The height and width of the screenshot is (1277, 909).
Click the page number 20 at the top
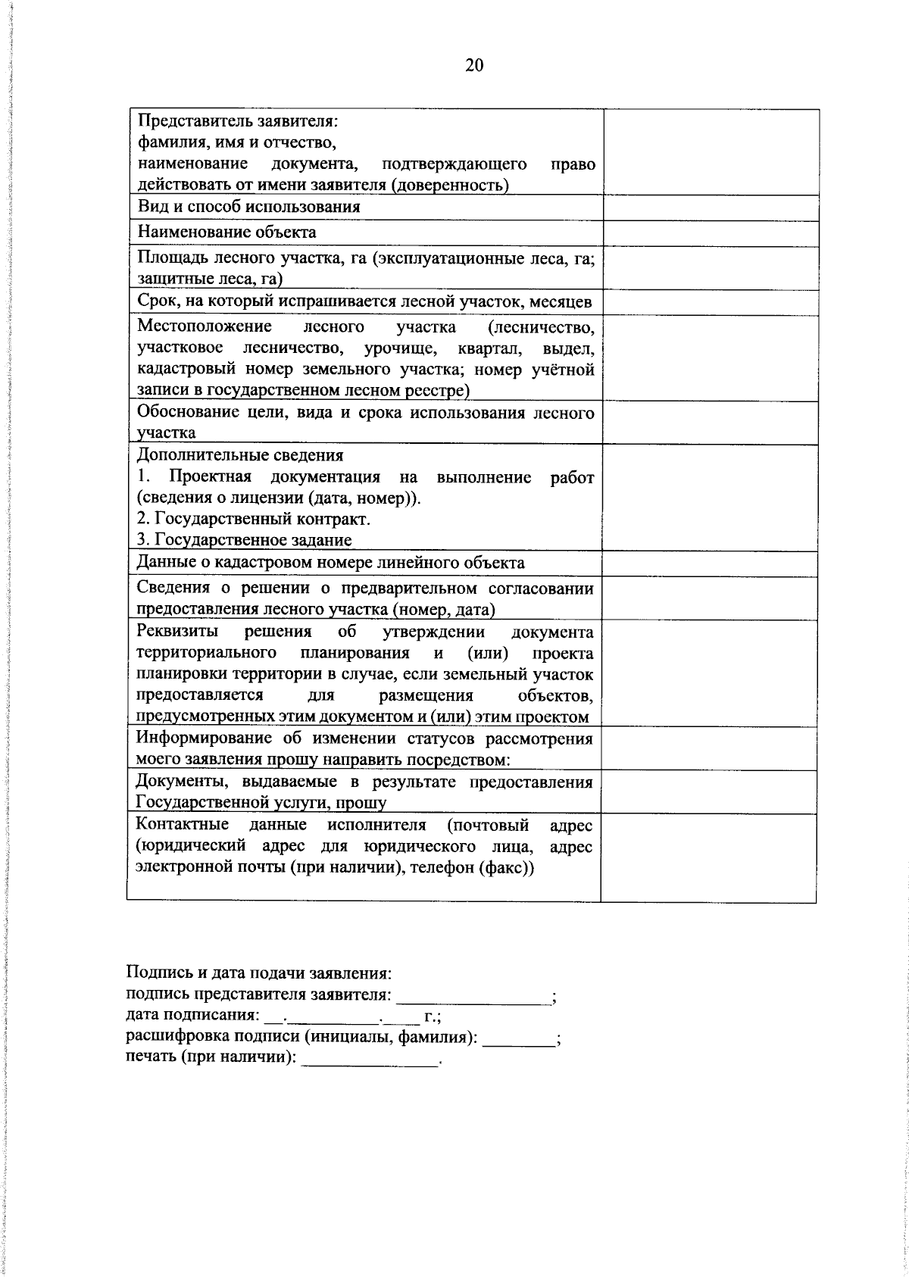coord(473,66)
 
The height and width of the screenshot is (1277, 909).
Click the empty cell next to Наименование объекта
coord(710,233)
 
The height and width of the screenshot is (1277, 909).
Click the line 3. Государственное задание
coord(245,540)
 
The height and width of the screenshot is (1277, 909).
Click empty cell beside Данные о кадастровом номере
coord(710,564)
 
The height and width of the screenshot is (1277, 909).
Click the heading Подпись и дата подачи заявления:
coord(258,973)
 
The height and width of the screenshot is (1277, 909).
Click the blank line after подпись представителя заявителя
coord(475,998)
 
